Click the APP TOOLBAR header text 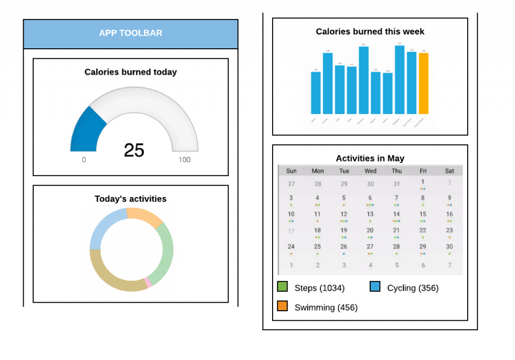[x=130, y=33]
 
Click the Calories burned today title [x=130, y=72]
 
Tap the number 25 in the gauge [x=134, y=150]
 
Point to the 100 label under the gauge [x=185, y=160]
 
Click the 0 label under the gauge [x=83, y=160]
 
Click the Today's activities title [x=130, y=199]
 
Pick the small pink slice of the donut [x=148, y=283]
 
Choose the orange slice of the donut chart [x=145, y=217]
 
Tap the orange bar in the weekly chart [x=423, y=83]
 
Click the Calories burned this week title [x=370, y=32]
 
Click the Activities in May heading [x=370, y=158]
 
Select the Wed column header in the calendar [x=370, y=171]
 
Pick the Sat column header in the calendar [x=450, y=171]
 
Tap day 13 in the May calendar [x=370, y=214]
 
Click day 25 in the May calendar [x=317, y=246]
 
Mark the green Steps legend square [x=283, y=287]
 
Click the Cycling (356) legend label [x=412, y=288]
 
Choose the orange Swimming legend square [x=283, y=306]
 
